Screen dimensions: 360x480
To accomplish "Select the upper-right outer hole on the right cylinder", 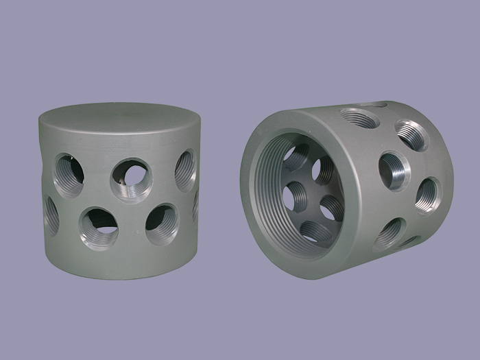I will (411, 135).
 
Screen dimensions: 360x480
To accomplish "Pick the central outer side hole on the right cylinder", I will (394, 170).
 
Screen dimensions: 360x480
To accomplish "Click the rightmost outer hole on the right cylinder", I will (427, 194).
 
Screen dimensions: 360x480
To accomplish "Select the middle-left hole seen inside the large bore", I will (296, 194).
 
